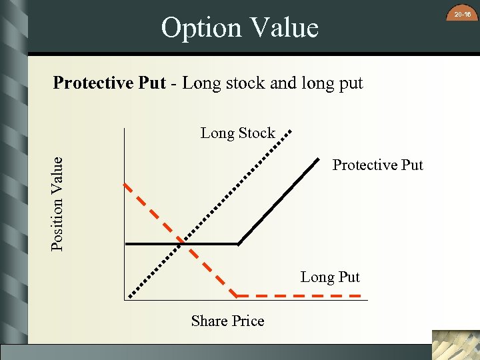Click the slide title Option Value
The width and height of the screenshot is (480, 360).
click(x=240, y=28)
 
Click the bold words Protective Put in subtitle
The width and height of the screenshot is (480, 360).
click(x=109, y=83)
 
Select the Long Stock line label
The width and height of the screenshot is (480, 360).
click(x=237, y=133)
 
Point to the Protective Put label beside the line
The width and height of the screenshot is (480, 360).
click(x=377, y=165)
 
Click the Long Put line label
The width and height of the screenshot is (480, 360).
click(x=330, y=277)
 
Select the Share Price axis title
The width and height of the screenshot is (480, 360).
click(x=227, y=321)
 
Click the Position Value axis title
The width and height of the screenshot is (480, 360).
click(x=58, y=203)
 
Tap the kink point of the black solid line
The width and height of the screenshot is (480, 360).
click(x=239, y=244)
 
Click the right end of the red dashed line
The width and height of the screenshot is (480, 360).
click(x=360, y=295)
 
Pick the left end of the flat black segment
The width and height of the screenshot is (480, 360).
click(x=127, y=244)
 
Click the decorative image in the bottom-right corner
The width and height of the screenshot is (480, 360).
click(x=455, y=345)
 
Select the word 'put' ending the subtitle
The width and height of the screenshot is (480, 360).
click(x=351, y=83)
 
